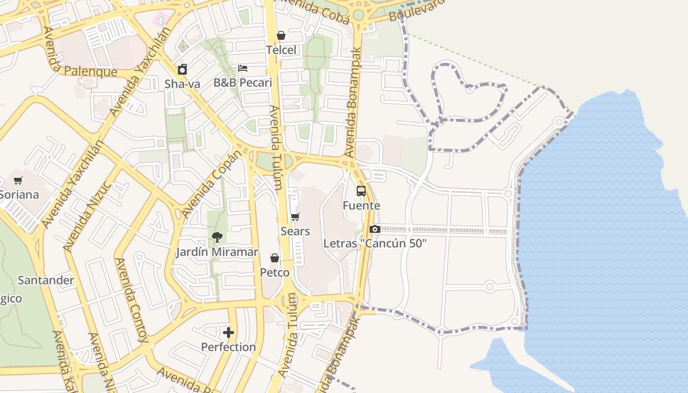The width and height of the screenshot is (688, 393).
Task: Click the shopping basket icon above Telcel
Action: coord(281,35)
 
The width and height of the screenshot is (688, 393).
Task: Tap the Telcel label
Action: coord(282,50)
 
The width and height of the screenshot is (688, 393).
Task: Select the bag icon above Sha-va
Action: coord(182,69)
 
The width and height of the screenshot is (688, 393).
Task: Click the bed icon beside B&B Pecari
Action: coord(242,68)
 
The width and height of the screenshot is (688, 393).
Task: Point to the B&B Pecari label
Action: coord(242,82)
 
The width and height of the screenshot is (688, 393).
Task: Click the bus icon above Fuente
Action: coord(361,191)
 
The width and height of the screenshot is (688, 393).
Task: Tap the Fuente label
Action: coord(361,205)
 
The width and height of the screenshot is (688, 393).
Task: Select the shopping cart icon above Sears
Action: coord(295,217)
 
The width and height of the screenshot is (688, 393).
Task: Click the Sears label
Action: coord(295,231)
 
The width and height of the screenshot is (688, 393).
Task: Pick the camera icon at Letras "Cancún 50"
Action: coord(374,229)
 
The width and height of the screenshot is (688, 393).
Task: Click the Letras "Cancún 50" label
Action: coord(375,243)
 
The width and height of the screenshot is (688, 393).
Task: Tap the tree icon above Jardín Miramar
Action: coord(217,238)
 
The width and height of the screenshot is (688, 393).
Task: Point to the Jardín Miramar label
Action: coord(217,252)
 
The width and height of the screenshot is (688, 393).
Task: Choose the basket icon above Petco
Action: coord(275,258)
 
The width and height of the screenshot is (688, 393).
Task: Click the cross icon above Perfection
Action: coord(229,333)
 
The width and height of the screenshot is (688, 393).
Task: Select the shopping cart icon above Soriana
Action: coord(18,180)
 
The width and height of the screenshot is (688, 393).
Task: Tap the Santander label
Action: coord(46,281)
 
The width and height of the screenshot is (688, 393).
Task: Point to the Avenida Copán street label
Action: coord(212,185)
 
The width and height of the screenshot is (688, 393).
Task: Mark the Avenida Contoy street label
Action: coord(131,300)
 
